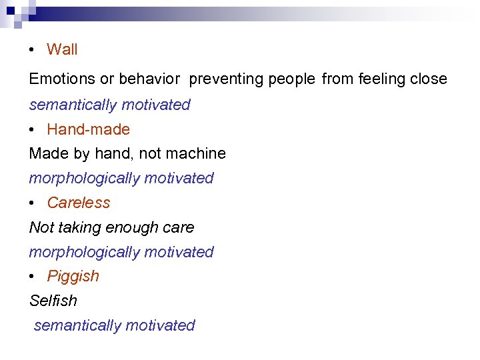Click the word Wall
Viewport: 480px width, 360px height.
pos(62,49)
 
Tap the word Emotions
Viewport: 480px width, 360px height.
pos(62,79)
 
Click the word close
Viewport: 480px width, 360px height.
pos(428,79)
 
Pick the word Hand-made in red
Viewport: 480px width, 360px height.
pos(88,129)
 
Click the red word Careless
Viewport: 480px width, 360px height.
pos(78,203)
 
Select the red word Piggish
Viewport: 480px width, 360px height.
pos(73,276)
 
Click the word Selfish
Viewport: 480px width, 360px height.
pos(53,301)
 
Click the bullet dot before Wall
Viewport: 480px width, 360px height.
pos(32,50)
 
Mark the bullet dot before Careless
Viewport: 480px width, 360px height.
pos(32,203)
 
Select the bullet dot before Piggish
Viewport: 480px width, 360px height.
pos(32,277)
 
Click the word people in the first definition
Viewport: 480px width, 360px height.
pos(291,79)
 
